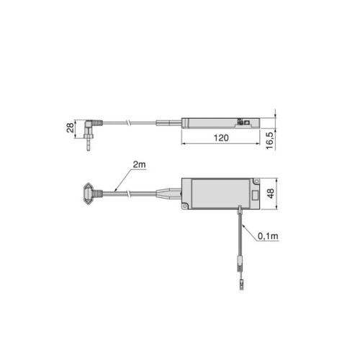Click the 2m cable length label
[139, 166]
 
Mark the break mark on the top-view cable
[128, 192]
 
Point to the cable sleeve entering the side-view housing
[173, 121]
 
